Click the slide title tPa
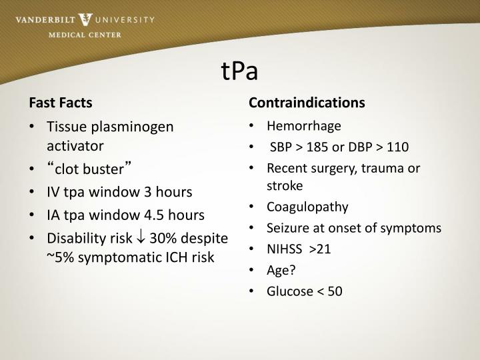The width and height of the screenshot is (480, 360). (239, 71)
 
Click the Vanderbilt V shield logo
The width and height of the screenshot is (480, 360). (86, 20)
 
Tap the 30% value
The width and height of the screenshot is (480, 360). (163, 238)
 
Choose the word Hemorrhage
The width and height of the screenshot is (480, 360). (303, 126)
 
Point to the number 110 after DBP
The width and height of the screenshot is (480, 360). (398, 147)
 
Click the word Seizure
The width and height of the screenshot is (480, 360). (287, 227)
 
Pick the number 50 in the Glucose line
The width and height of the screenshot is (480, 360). (335, 291)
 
